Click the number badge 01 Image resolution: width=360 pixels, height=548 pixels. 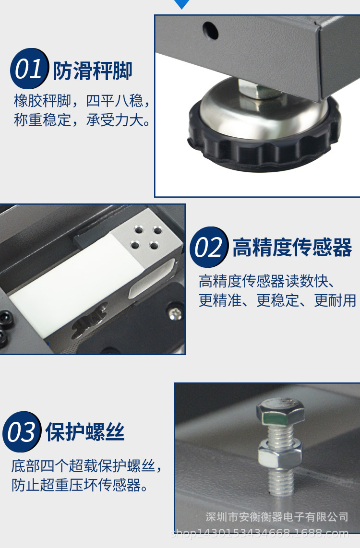point(29,70)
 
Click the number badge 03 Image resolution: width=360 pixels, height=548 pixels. point(22,432)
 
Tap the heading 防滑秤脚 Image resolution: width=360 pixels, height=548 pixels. point(92,71)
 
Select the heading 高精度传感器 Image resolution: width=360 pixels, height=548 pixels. point(292,248)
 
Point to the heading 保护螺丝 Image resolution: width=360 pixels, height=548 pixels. point(85,432)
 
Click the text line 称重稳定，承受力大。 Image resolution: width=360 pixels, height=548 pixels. point(82,119)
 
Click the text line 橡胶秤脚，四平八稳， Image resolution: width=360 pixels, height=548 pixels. point(82,101)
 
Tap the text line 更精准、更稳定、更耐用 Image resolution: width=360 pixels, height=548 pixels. point(277,300)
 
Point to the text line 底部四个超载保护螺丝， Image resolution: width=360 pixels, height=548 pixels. point(87,466)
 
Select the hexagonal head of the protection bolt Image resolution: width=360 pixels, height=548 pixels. point(281,412)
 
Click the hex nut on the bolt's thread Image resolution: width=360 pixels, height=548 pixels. point(280,453)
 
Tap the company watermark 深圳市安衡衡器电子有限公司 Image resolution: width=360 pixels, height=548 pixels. point(277,517)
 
